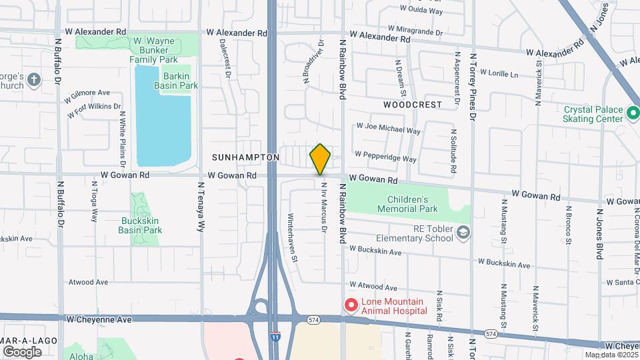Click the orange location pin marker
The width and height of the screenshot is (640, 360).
coord(320,159)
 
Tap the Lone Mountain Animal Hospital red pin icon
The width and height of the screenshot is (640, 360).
coord(351,305)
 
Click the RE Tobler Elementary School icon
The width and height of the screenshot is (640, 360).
coord(464,233)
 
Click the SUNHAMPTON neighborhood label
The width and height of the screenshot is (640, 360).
coord(245,157)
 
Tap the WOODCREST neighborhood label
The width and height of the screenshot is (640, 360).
coord(413,105)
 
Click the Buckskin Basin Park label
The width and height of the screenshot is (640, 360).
coord(140,225)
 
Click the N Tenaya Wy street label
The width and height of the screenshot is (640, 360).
coord(199,207)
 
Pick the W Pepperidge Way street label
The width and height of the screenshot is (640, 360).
coord(385,157)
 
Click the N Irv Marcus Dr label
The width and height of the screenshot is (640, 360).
coord(323,207)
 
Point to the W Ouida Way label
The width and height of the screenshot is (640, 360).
coord(421,10)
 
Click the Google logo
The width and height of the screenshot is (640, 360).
coord(22,351)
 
